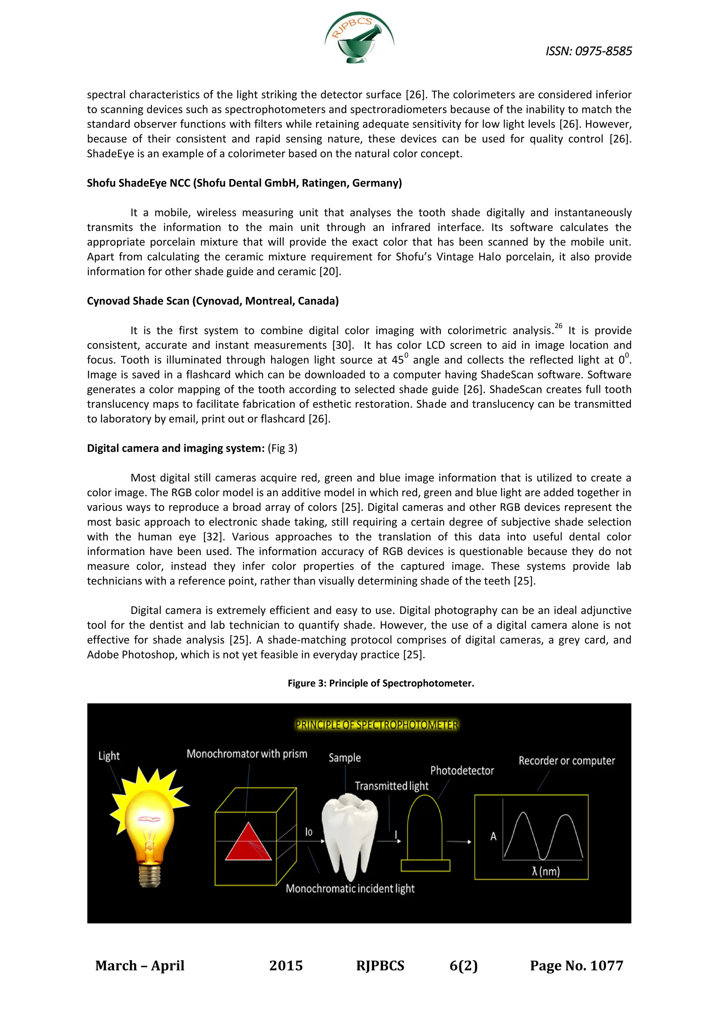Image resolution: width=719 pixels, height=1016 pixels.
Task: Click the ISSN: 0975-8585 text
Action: click(x=588, y=51)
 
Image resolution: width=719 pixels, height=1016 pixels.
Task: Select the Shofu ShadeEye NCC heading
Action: click(x=244, y=183)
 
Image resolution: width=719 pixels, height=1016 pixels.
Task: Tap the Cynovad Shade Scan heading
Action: click(x=212, y=301)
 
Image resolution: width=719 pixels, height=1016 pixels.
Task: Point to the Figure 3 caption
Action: click(x=381, y=683)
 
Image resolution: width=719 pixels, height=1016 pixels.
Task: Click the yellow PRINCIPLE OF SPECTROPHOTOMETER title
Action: click(x=377, y=725)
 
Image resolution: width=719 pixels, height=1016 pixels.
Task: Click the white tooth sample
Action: click(x=350, y=832)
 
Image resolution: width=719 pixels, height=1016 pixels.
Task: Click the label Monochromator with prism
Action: click(x=246, y=754)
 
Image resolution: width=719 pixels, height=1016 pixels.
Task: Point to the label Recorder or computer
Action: click(x=566, y=761)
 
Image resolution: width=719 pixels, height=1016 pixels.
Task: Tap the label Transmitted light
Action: click(x=391, y=786)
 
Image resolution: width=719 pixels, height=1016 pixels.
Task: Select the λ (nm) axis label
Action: click(x=546, y=871)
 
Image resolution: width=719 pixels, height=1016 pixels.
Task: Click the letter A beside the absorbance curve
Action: click(x=493, y=836)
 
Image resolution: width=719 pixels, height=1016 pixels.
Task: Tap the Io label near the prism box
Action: click(x=309, y=832)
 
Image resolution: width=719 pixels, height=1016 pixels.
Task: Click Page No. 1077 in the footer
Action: click(x=576, y=965)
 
